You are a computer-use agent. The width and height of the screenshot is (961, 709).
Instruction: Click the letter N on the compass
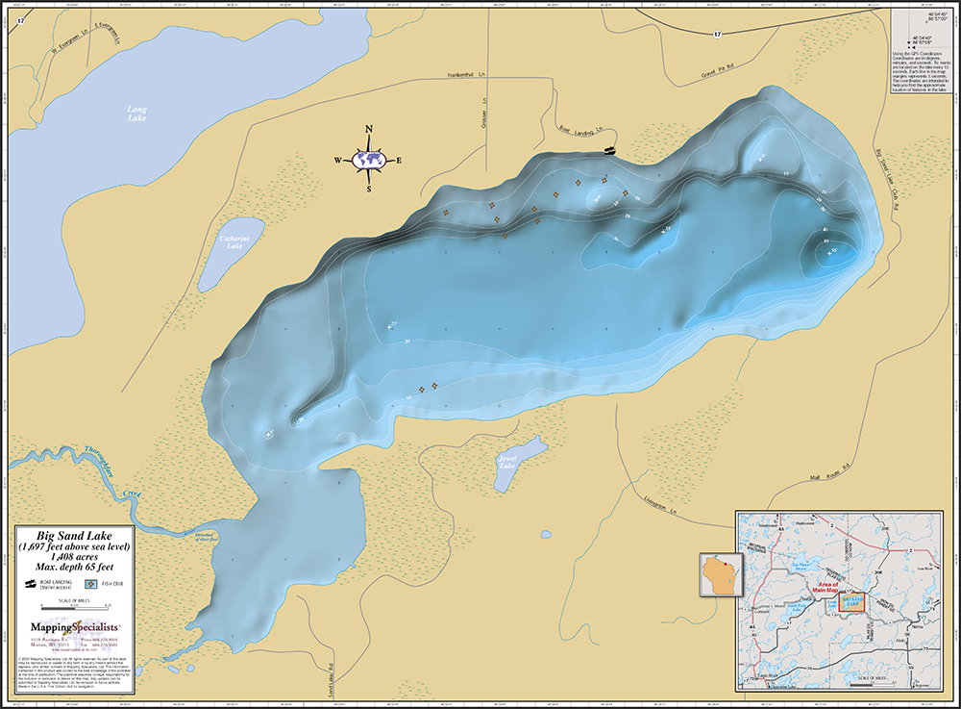pos(369,130)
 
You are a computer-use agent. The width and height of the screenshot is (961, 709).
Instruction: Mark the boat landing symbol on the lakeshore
pos(608,150)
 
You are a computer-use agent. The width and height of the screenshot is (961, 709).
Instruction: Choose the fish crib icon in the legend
pos(90,584)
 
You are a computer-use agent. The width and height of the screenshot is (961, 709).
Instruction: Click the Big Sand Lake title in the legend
pos(74,535)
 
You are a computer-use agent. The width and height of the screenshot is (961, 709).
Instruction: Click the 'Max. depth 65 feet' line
pos(74,567)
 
